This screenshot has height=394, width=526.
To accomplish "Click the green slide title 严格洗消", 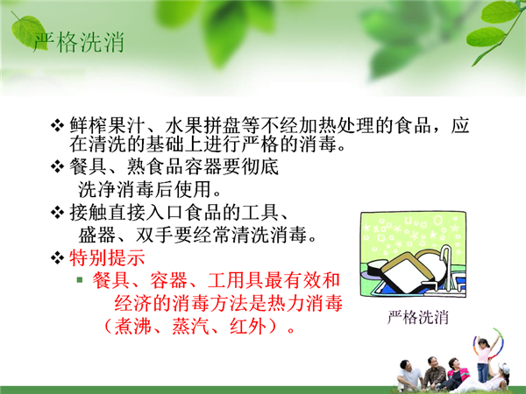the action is point(79,43).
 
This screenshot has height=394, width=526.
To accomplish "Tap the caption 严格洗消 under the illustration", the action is point(418,317).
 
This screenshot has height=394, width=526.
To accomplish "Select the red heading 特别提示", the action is point(107,257).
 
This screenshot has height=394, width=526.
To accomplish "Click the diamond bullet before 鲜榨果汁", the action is point(57,125).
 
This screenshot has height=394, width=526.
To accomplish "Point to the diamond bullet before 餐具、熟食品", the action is point(57,166).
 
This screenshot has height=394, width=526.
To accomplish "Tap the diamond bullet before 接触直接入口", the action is point(57,212).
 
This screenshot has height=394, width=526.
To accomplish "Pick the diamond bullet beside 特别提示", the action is point(57,257).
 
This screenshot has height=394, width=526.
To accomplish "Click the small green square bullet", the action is point(80,279).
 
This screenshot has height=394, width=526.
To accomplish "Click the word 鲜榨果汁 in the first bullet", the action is point(107,125).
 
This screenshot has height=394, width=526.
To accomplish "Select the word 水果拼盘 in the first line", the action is point(203,125).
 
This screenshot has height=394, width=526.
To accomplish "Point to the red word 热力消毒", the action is point(304,303).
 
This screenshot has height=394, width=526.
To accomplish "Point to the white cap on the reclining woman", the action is point(503,367).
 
